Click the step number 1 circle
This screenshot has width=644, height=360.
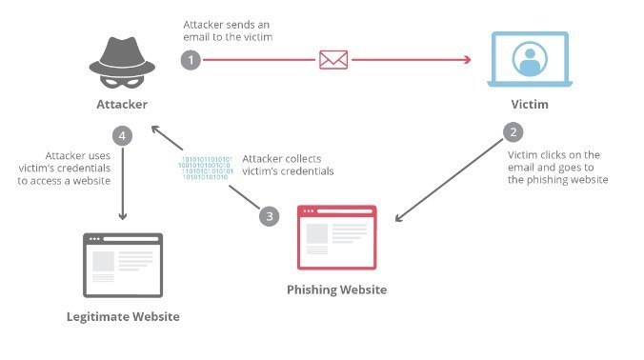pos(191,59)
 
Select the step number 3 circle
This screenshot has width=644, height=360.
pos(271,215)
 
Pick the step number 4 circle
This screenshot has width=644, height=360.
pos(122,135)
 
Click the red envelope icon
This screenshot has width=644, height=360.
pos(332,60)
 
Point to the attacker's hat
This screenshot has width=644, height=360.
pos(123,47)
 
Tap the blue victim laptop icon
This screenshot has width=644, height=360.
pos(530,60)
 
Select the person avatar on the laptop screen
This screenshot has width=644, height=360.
pos(530,57)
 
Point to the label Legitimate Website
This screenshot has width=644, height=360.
pos(123,315)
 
